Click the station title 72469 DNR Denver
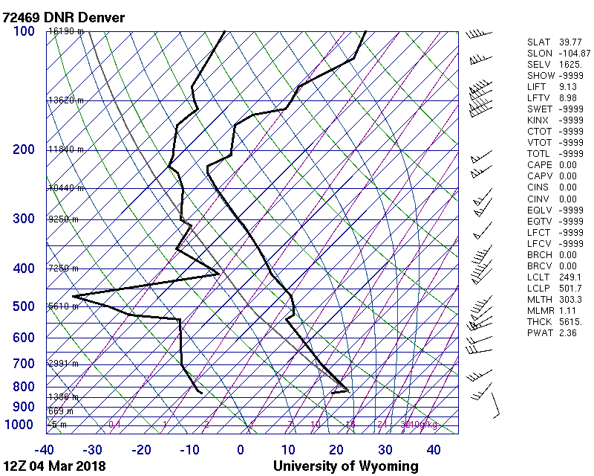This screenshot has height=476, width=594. coord(64,17)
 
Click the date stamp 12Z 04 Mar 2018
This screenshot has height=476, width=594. coord(53,466)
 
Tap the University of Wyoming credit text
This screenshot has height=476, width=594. coord(345,466)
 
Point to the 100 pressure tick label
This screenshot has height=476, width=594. coord(24,31)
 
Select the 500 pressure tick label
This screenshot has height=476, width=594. coord(24,306)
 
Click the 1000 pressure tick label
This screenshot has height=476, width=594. coord(21,425)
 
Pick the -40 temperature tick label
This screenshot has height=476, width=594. coord(45,449)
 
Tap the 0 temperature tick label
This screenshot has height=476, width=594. coord(241,449)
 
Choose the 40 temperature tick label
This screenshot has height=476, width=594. coord(434,449)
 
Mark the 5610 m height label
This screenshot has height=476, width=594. coord(63,306)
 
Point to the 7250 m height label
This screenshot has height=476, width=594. coord(63,268)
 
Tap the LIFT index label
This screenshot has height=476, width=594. coord(535,87)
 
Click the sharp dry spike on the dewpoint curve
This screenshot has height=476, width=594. coord(74,297)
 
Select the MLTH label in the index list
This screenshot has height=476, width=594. coord(537,299)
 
